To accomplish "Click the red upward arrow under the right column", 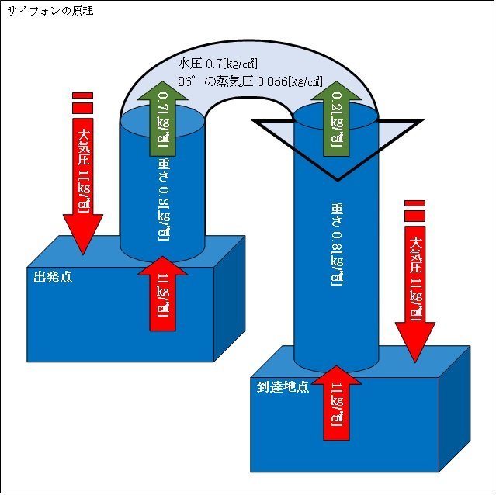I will point(335,407).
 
